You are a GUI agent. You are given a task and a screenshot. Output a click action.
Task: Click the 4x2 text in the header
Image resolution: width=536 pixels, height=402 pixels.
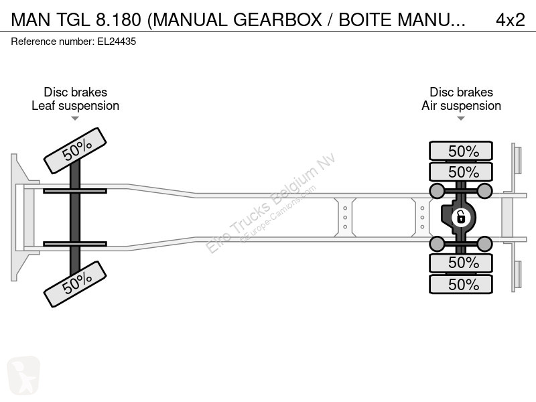click(x=510, y=20)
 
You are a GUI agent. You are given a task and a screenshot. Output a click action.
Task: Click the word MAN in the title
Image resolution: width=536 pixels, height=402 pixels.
click(x=30, y=20)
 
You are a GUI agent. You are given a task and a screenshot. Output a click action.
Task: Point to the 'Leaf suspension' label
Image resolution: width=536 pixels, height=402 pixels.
click(x=75, y=106)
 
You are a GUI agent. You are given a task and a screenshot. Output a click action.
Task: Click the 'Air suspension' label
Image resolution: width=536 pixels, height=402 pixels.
click(x=461, y=106)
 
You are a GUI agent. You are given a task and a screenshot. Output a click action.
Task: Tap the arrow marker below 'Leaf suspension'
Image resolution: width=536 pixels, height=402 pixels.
click(x=75, y=119)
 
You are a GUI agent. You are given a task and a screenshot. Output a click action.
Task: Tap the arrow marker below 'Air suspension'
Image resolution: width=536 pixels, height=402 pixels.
click(x=461, y=119)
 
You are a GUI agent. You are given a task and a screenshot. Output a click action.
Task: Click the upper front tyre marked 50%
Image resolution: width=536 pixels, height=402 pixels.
click(x=75, y=151)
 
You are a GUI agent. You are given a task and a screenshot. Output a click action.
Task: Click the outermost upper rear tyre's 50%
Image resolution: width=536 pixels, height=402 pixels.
click(x=461, y=151)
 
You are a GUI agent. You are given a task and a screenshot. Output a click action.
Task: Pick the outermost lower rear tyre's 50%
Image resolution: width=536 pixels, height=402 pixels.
click(x=461, y=284)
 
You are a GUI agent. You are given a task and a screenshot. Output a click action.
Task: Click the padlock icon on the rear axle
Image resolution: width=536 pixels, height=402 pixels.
click(x=461, y=217)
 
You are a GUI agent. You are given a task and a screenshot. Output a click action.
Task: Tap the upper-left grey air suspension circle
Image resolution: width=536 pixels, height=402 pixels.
click(x=436, y=192)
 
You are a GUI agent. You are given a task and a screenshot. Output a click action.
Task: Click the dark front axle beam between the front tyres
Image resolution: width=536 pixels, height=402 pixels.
click(x=75, y=217)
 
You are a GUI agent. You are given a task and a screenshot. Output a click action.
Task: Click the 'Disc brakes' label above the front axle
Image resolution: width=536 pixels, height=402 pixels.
click(x=75, y=92)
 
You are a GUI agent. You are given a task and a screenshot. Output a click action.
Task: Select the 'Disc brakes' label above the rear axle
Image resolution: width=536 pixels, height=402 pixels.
click(x=461, y=92)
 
